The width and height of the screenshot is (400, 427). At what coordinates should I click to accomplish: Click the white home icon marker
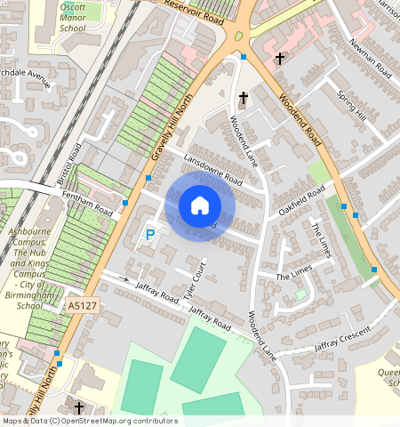200,205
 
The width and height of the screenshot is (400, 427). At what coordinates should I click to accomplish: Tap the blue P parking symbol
149,235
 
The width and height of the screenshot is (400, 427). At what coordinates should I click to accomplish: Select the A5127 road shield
81,305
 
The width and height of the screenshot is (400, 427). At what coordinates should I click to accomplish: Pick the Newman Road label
369,56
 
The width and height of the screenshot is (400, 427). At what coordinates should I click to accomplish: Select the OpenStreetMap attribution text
89,421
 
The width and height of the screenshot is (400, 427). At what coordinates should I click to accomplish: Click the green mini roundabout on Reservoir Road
237,36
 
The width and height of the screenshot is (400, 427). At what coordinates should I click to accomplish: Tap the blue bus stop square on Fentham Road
125,204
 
